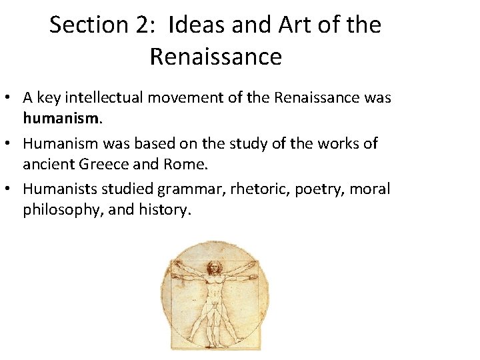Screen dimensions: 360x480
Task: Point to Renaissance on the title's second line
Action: tap(215, 57)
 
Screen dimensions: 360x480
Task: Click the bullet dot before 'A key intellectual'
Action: tap(11, 99)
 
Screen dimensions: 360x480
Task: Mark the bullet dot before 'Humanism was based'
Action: tap(11, 144)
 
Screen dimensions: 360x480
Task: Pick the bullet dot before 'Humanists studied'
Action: tap(11, 189)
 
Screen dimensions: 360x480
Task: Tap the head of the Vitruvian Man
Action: tap(214, 269)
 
